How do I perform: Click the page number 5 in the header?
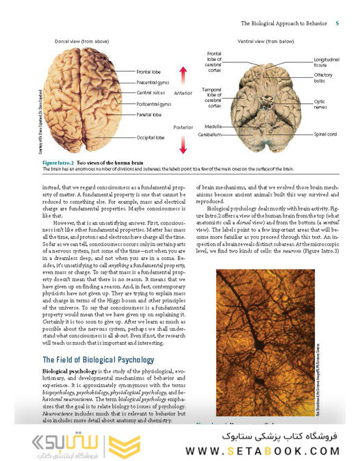point(337,23)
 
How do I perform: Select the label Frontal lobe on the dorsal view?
point(149,71)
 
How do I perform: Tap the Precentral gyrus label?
point(153,82)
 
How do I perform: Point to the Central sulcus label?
point(152,92)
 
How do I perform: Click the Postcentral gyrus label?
point(154,104)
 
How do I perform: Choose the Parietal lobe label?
point(149,115)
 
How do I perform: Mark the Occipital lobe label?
point(150,137)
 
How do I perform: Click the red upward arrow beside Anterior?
point(183,75)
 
